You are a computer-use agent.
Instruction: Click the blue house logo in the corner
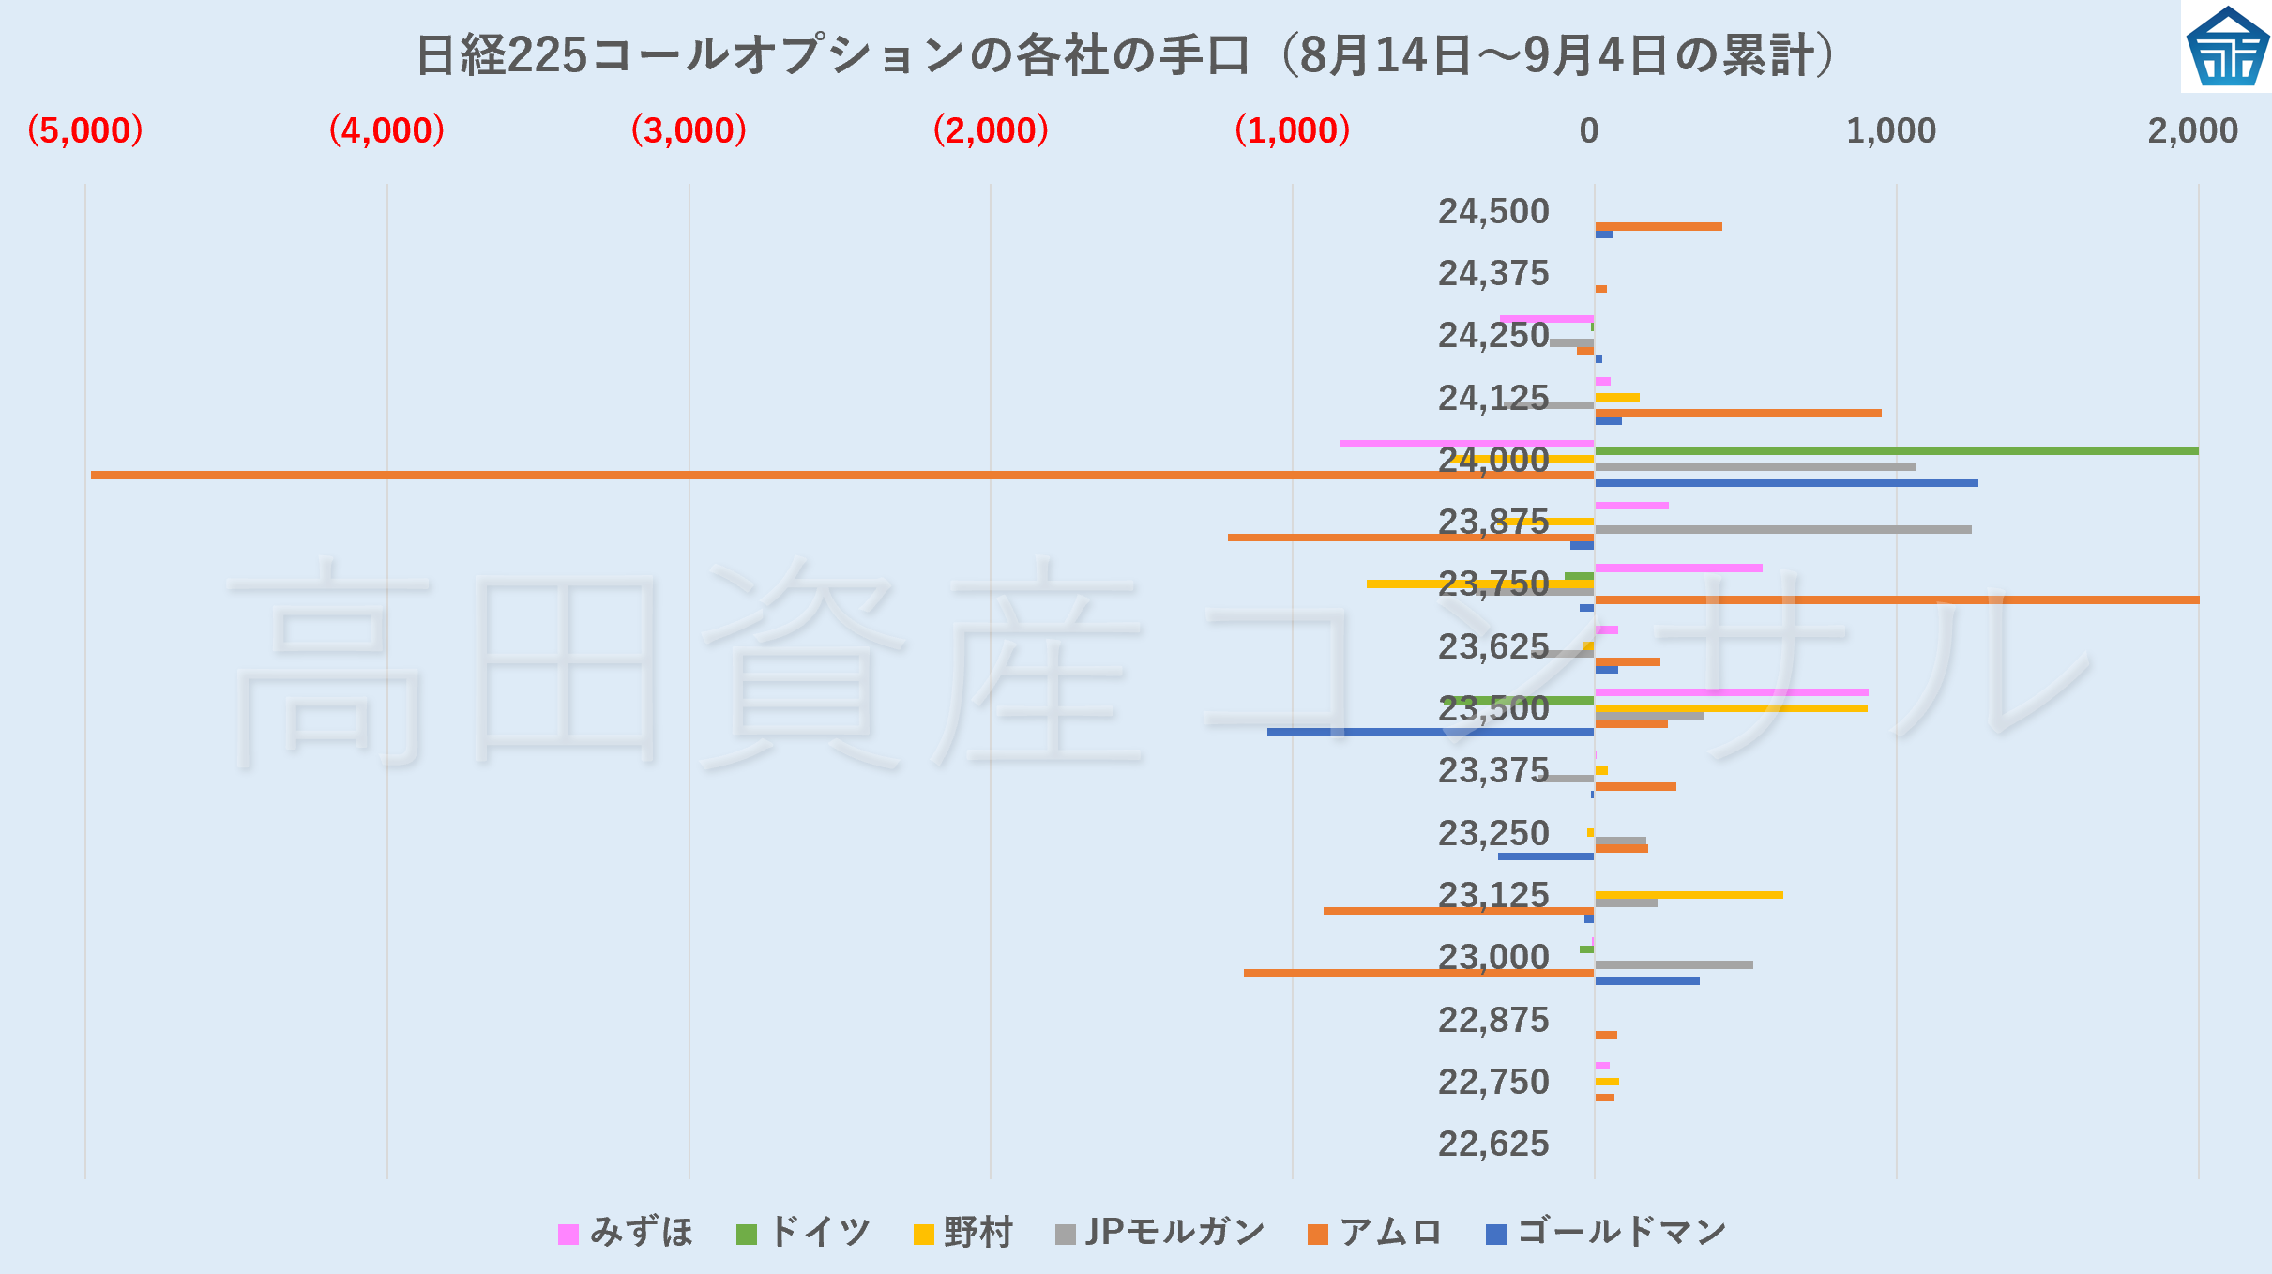click(2227, 47)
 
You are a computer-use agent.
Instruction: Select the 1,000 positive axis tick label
click(1890, 130)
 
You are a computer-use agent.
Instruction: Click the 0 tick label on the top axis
click(1588, 130)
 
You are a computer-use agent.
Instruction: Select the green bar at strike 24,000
click(1895, 451)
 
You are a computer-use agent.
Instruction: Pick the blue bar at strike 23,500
click(1431, 732)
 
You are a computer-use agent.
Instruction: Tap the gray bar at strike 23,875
click(1782, 529)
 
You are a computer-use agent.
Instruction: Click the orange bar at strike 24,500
click(1658, 226)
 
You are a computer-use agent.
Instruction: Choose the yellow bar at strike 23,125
click(1689, 895)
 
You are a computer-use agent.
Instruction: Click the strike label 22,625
click(1493, 1144)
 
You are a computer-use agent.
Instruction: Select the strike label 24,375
click(1493, 273)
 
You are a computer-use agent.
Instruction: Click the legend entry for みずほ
click(626, 1233)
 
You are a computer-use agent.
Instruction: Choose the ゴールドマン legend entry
click(1606, 1233)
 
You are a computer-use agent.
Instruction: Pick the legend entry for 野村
click(963, 1233)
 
